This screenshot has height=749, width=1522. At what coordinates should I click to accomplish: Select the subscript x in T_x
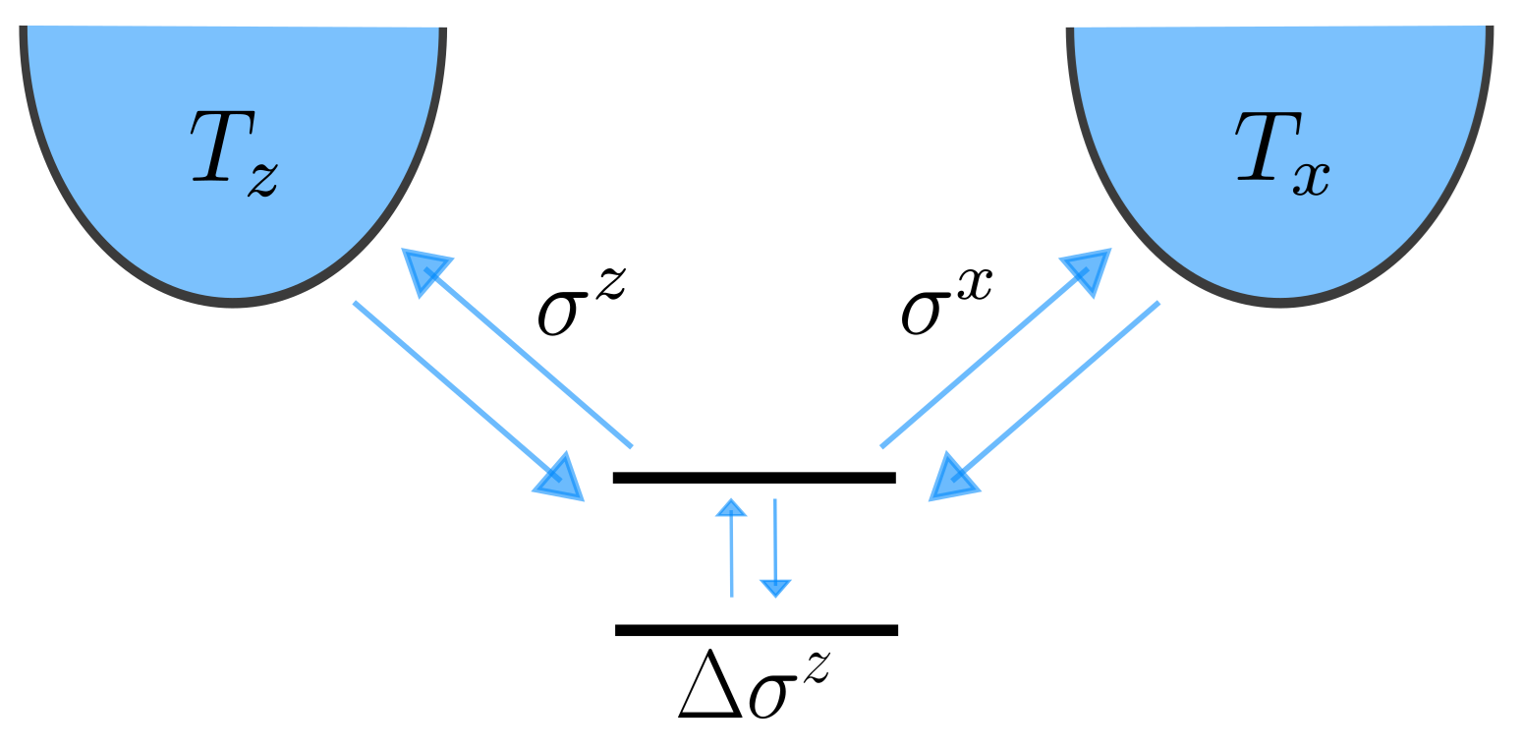[x=1312, y=180]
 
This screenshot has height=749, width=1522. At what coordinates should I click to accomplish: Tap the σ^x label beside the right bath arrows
[x=943, y=299]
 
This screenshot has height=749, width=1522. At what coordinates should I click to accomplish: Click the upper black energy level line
[x=754, y=478]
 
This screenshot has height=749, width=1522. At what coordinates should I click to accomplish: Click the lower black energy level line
[x=756, y=630]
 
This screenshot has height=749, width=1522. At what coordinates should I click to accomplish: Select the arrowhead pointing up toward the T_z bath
[x=424, y=269]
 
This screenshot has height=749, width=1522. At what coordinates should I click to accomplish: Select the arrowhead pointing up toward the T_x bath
[x=1087, y=270]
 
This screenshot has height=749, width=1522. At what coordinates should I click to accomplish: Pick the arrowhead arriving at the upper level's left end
[x=561, y=480]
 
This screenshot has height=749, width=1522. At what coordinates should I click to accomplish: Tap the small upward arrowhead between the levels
[x=730, y=507]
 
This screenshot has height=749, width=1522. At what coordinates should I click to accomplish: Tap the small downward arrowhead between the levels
[x=775, y=588]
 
